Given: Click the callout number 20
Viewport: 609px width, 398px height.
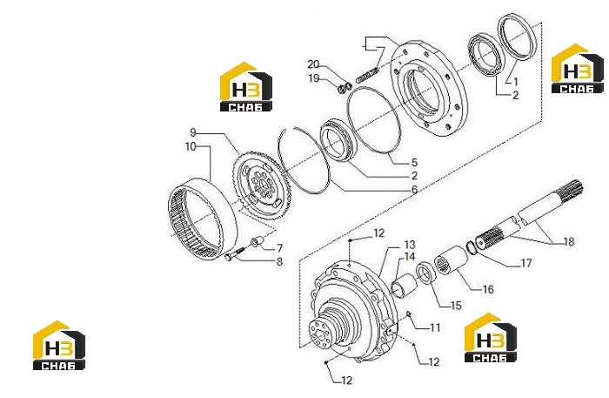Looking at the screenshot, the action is (x=313, y=64).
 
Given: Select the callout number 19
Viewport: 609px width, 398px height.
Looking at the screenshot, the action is (x=313, y=78).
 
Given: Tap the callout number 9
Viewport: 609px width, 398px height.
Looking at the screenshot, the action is (x=193, y=132).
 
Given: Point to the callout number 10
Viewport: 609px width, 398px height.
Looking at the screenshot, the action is (x=191, y=146).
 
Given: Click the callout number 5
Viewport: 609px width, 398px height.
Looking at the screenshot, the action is (x=414, y=162).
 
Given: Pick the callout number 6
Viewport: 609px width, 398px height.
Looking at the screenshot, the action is (x=414, y=190).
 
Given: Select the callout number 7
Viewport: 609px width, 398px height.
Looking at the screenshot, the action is (x=279, y=248).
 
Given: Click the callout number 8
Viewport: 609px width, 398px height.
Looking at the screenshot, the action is (x=279, y=261).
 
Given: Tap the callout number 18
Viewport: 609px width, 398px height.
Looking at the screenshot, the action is (x=569, y=242).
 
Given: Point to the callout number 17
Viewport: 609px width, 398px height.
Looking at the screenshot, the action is (x=525, y=263).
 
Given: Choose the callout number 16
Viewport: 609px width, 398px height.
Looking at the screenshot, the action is (x=488, y=289).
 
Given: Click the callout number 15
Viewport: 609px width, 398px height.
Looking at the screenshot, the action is (x=456, y=306).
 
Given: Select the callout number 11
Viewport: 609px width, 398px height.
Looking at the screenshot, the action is (x=435, y=327).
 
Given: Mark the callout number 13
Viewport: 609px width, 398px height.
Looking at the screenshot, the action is (x=410, y=245).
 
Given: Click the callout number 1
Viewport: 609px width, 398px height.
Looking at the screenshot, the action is (x=515, y=82).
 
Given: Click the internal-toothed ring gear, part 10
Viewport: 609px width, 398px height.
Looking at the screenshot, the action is (x=203, y=219).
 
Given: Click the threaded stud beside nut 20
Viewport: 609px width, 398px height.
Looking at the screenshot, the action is (x=366, y=76).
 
